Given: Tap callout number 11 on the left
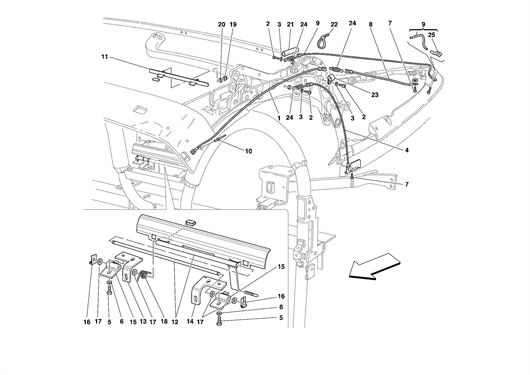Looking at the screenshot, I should tap(105, 57).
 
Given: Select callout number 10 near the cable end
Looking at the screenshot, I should tap(248, 151).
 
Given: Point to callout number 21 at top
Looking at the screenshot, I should tap(290, 25).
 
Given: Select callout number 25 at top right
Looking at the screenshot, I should tap(431, 35).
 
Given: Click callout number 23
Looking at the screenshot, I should tap(375, 95).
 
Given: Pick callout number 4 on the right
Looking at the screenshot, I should tap(407, 150).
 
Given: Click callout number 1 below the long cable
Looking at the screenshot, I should tap(279, 118).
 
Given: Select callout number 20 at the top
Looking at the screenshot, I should tap(222, 25).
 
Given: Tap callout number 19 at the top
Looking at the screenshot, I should tap(233, 25).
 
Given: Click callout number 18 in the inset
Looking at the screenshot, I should tap(164, 322).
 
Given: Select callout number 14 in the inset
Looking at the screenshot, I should tap(190, 322).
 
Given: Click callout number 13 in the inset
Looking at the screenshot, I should tap(143, 322).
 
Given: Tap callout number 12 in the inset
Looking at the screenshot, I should tap(175, 322).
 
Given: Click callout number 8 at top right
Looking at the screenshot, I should tap(371, 25).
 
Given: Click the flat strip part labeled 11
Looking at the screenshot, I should tap(179, 78).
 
